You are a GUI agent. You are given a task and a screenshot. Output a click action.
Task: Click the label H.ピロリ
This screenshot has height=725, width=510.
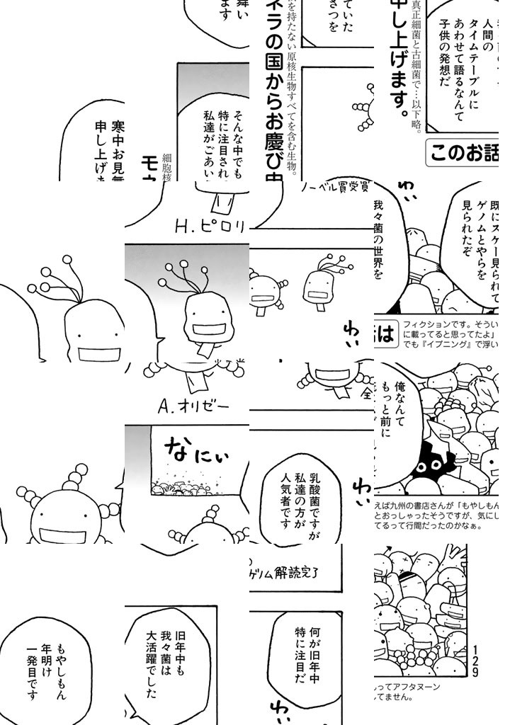pos(210,228)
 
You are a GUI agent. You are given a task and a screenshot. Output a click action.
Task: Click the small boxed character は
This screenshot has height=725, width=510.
pos(386,336)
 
